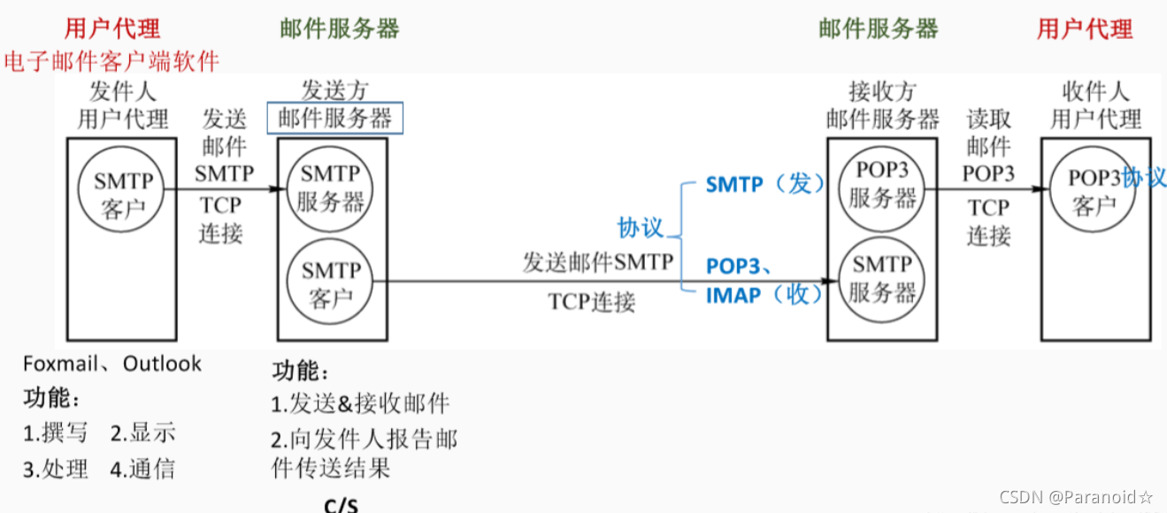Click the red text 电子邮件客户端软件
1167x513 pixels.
click(x=111, y=61)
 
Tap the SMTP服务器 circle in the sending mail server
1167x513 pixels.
click(x=330, y=188)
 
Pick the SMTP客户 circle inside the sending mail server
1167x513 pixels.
click(x=330, y=283)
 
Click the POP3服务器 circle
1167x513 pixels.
click(x=882, y=186)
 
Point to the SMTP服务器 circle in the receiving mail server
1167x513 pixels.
click(x=882, y=277)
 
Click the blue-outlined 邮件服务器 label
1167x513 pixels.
click(x=335, y=119)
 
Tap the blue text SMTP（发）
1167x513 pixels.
click(x=764, y=184)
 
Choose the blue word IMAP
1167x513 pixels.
click(x=733, y=295)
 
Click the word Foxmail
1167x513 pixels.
click(x=58, y=364)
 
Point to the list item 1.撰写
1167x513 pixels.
click(x=56, y=433)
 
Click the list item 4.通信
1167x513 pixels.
click(x=142, y=468)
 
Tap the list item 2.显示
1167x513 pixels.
click(x=142, y=433)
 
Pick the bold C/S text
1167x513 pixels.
click(x=342, y=505)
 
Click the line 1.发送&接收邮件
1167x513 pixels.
click(x=360, y=404)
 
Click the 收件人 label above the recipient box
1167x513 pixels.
click(x=1095, y=91)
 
